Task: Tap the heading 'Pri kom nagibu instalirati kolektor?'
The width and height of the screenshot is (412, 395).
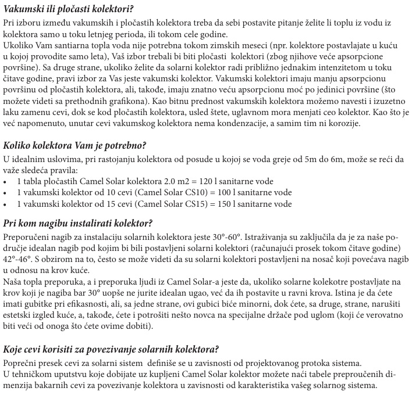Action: [x=78, y=224]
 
